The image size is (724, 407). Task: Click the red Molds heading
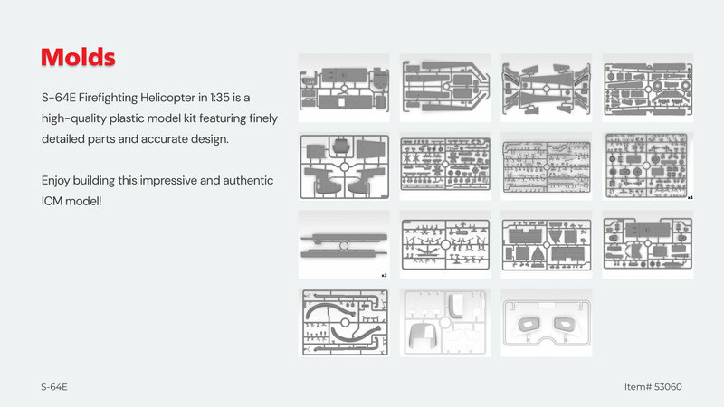point(78,57)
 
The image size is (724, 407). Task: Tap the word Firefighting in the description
point(108,98)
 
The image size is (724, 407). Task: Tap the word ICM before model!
point(52,201)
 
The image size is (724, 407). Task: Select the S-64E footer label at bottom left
point(54,387)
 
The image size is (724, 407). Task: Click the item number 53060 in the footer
point(668,387)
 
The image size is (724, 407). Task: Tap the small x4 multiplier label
point(690,197)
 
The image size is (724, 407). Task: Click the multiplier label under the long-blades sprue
point(384,276)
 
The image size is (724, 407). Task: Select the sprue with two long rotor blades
point(344,244)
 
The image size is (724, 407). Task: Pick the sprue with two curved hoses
point(344,323)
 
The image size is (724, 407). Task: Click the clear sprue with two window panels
point(547,323)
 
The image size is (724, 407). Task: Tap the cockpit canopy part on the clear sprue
point(424,336)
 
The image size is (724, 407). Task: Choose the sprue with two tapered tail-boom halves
point(547,88)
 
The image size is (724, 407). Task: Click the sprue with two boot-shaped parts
point(344,166)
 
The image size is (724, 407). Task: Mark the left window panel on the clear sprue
point(527,324)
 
